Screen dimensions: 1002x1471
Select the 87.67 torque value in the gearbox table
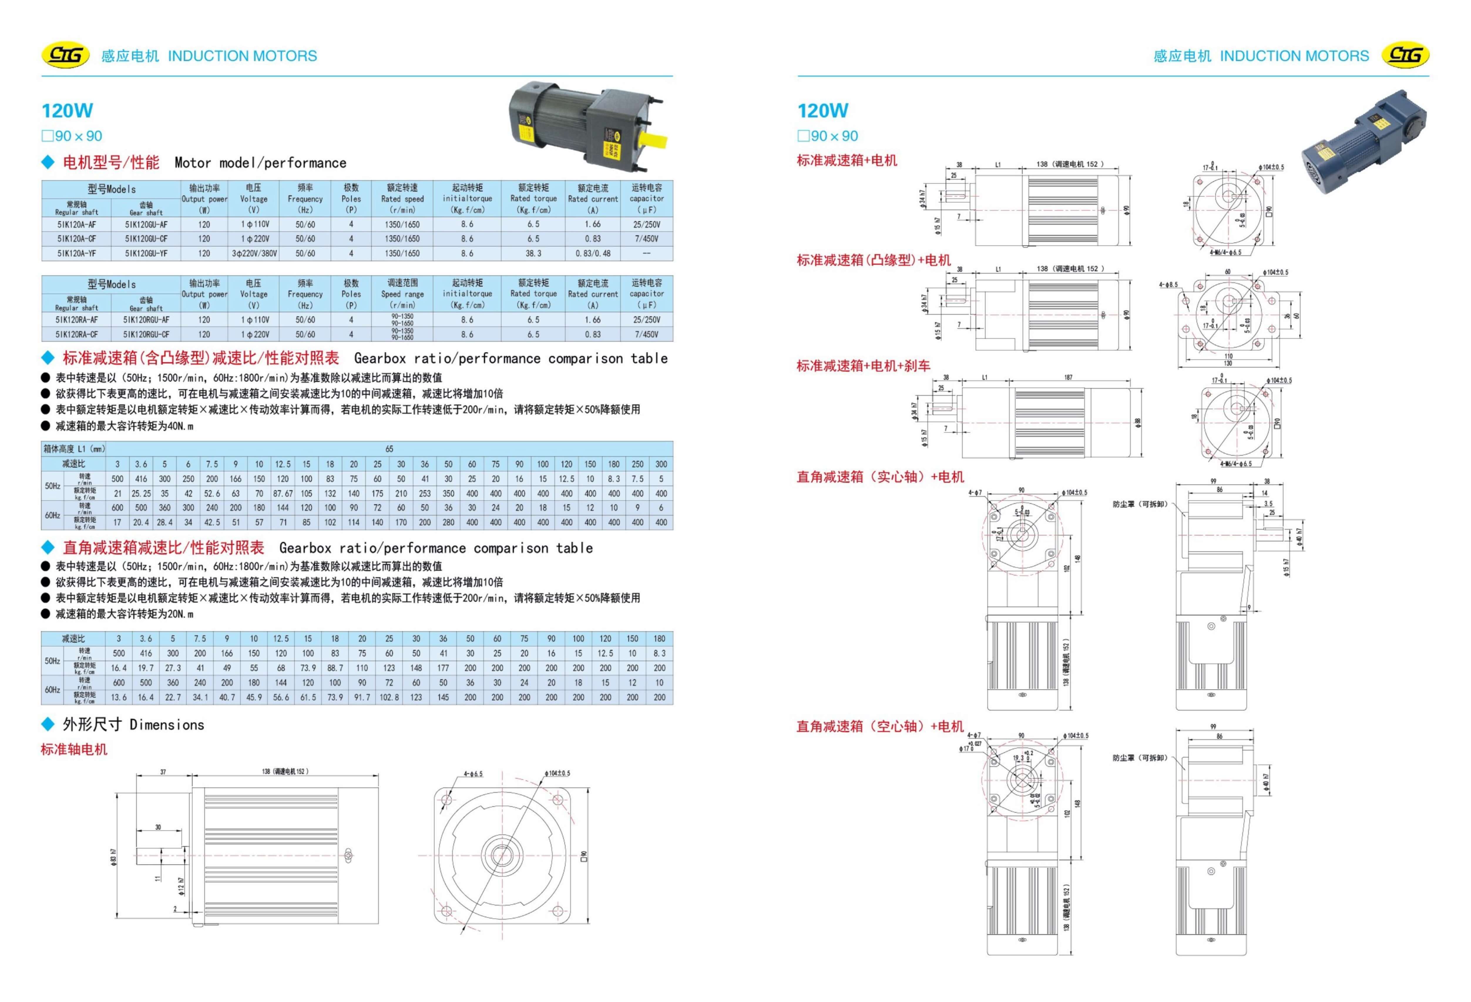(282, 494)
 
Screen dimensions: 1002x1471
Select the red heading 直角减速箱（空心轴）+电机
(880, 727)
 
